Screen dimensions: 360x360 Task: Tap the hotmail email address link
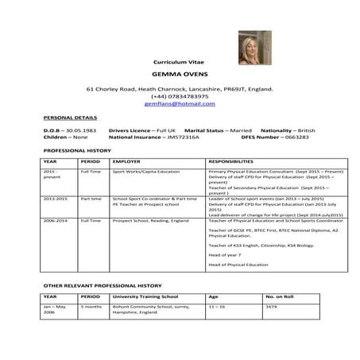pos(180,104)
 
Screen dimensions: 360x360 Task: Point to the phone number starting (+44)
pos(180,96)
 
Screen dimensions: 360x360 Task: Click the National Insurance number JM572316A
pos(182,137)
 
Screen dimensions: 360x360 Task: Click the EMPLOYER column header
pos(127,161)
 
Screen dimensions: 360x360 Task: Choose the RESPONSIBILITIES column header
pos(235,161)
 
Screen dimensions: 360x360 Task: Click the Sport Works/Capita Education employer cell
pos(146,171)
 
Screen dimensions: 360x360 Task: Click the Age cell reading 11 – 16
pos(217,306)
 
